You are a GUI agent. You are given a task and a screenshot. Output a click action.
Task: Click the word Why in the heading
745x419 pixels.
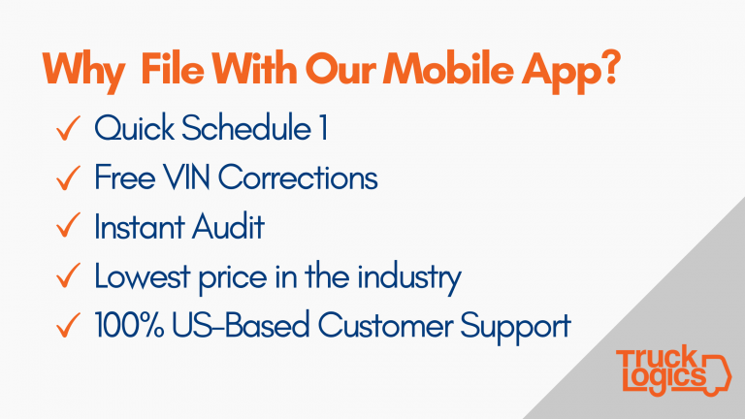pyautogui.click(x=84, y=71)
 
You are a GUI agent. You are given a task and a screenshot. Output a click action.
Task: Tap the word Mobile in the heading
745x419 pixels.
pyautogui.click(x=448, y=69)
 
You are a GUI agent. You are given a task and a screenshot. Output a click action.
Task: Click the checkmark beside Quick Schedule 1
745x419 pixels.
pyautogui.click(x=68, y=128)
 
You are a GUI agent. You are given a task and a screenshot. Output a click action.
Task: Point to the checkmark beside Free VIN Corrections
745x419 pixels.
pyautogui.click(x=68, y=177)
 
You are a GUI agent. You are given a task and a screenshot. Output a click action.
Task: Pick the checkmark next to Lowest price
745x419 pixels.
pyautogui.click(x=68, y=275)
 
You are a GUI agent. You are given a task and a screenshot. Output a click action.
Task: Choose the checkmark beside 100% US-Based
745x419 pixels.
pyautogui.click(x=68, y=325)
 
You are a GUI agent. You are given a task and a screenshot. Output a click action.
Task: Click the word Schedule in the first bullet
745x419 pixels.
pyautogui.click(x=246, y=127)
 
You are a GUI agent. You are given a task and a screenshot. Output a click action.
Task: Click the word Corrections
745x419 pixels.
pyautogui.click(x=298, y=177)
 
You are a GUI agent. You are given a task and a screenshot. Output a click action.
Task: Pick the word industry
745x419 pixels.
pyautogui.click(x=409, y=277)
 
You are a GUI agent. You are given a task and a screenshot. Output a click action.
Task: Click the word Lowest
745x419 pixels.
pyautogui.click(x=143, y=275)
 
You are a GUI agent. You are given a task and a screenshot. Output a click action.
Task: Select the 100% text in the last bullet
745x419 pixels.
pyautogui.click(x=129, y=325)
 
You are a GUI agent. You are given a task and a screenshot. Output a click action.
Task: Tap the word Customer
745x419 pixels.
pyautogui.click(x=385, y=325)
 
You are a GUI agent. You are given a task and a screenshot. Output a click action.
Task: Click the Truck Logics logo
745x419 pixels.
pyautogui.click(x=674, y=371)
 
